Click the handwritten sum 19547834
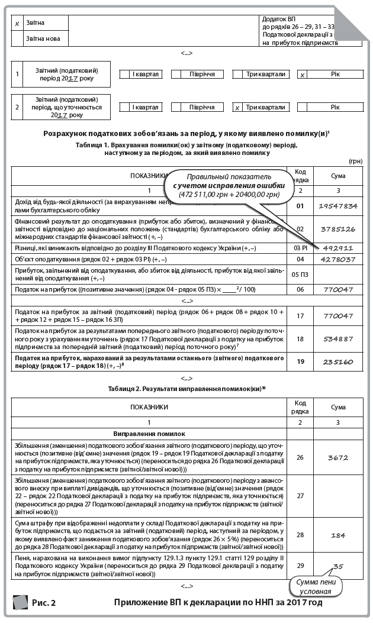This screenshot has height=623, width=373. pyautogui.click(x=338, y=206)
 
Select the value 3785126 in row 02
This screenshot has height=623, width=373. pyautogui.click(x=338, y=229)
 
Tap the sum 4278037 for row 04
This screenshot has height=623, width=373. pyautogui.click(x=338, y=259)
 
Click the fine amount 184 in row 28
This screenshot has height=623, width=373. pyautogui.click(x=338, y=535)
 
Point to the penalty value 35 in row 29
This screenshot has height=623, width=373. pyautogui.click(x=338, y=567)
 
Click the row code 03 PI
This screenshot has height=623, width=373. pyautogui.click(x=300, y=248)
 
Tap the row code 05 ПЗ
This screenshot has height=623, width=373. pyautogui.click(x=300, y=274)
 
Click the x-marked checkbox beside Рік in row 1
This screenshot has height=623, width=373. pyautogui.click(x=303, y=75)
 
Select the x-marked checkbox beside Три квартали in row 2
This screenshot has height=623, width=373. pyautogui.click(x=237, y=108)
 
